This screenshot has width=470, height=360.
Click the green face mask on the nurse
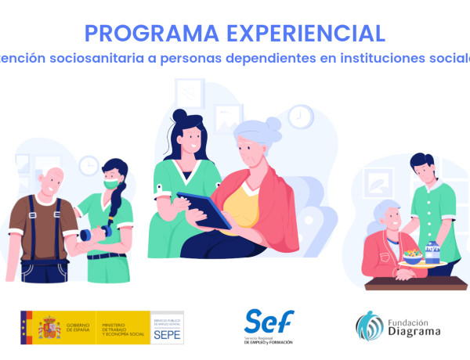[112, 182]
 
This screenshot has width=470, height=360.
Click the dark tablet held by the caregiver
[203, 210]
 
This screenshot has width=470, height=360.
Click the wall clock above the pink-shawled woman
[299, 117]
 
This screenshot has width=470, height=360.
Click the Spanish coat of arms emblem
[49, 327]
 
